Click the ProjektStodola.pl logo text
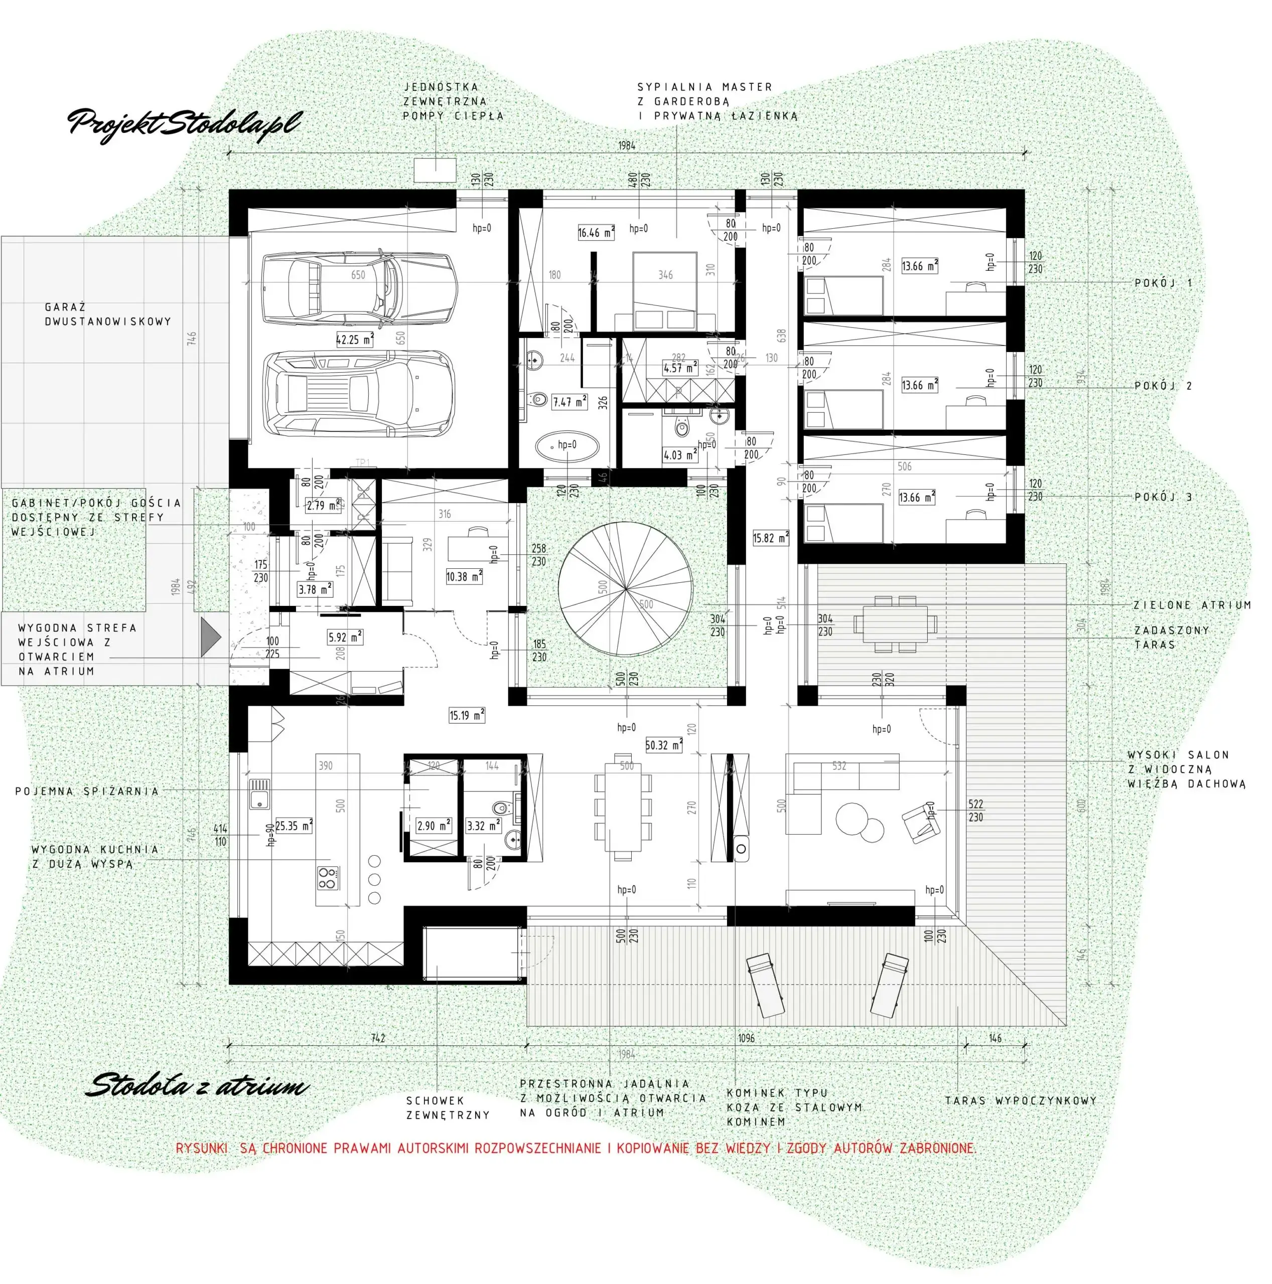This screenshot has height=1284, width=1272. (185, 123)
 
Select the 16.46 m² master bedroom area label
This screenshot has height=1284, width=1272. (595, 233)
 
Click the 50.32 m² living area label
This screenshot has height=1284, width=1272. (663, 745)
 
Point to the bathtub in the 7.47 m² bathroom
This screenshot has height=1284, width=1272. (567, 446)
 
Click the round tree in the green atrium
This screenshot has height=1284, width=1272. (625, 589)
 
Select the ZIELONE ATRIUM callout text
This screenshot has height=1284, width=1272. (1192, 605)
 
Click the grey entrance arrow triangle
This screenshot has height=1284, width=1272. (210, 636)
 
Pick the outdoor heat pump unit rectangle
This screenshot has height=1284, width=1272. (435, 170)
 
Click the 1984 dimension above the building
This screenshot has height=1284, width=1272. (626, 145)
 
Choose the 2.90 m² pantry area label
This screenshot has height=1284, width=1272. (434, 826)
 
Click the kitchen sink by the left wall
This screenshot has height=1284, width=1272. (259, 794)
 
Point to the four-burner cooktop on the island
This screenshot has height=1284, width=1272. (327, 878)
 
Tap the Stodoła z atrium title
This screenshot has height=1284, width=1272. (197, 1086)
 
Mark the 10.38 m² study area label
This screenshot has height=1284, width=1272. (464, 576)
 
